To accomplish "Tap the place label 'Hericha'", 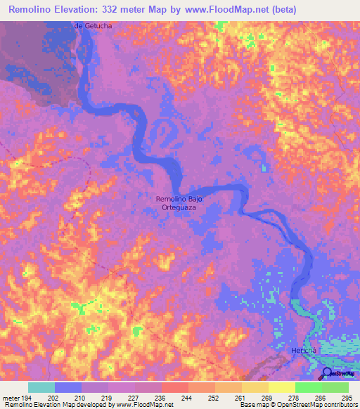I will [307, 350].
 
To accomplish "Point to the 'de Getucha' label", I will [94, 26].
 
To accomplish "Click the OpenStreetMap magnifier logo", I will [327, 374].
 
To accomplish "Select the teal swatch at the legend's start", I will [41, 387].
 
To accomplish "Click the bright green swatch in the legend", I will [308, 387].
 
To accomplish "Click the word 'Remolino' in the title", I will [32, 10].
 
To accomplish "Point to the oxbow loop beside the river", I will [164, 131].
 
